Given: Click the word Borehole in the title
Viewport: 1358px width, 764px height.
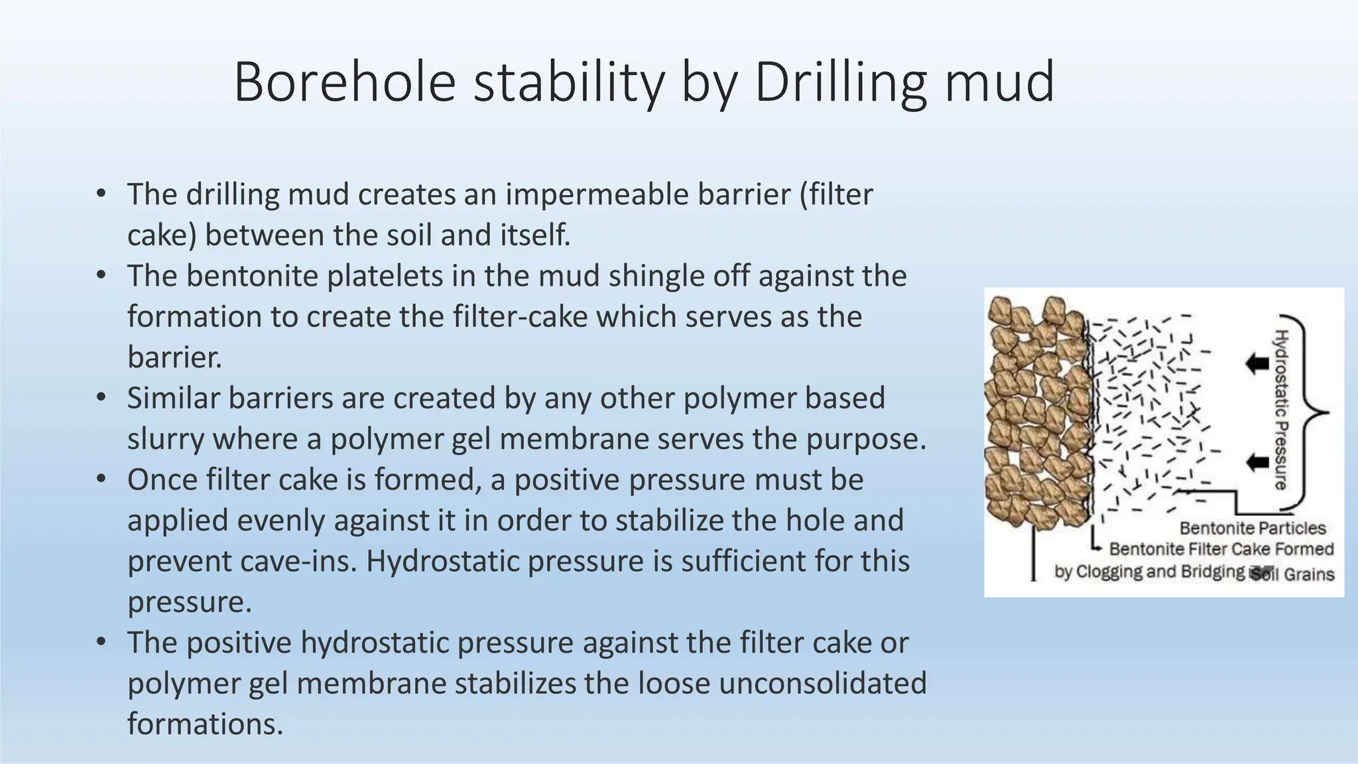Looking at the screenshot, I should coord(345,82).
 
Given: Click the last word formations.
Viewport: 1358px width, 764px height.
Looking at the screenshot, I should coord(205,724).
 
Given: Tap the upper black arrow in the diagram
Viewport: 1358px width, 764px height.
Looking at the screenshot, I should coord(1256,363).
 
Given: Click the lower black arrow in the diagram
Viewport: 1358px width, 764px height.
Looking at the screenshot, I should coord(1256,462).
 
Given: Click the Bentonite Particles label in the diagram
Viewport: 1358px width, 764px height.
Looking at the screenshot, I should coord(1252,529).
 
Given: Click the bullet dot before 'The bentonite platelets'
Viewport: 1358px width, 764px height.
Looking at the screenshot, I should coord(101,275).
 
